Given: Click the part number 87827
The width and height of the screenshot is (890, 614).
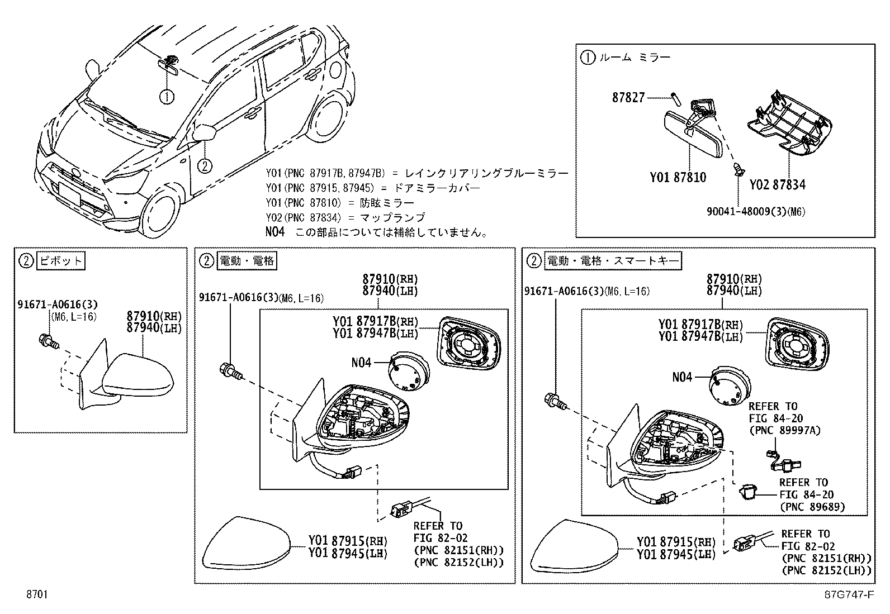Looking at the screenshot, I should pos(628,97).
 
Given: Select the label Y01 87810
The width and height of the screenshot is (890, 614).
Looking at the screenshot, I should pos(678,178).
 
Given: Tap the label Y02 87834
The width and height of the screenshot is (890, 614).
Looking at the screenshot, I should pos(777,184).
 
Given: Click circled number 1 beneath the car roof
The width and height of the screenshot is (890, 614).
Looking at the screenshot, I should pos(167,97).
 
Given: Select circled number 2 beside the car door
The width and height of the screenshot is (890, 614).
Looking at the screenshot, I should pos(205,165).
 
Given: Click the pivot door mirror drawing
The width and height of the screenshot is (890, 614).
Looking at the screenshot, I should pos(137,374).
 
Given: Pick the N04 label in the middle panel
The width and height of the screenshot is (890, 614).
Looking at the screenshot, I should pos(361,362).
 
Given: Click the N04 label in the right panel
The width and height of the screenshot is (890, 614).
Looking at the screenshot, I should pos(682,377).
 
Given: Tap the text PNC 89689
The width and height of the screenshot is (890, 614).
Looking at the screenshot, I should pos(812,507).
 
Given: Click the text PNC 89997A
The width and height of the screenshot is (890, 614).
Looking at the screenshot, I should pos(784,430).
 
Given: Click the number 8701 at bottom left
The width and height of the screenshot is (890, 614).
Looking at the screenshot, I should pos(36,594).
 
